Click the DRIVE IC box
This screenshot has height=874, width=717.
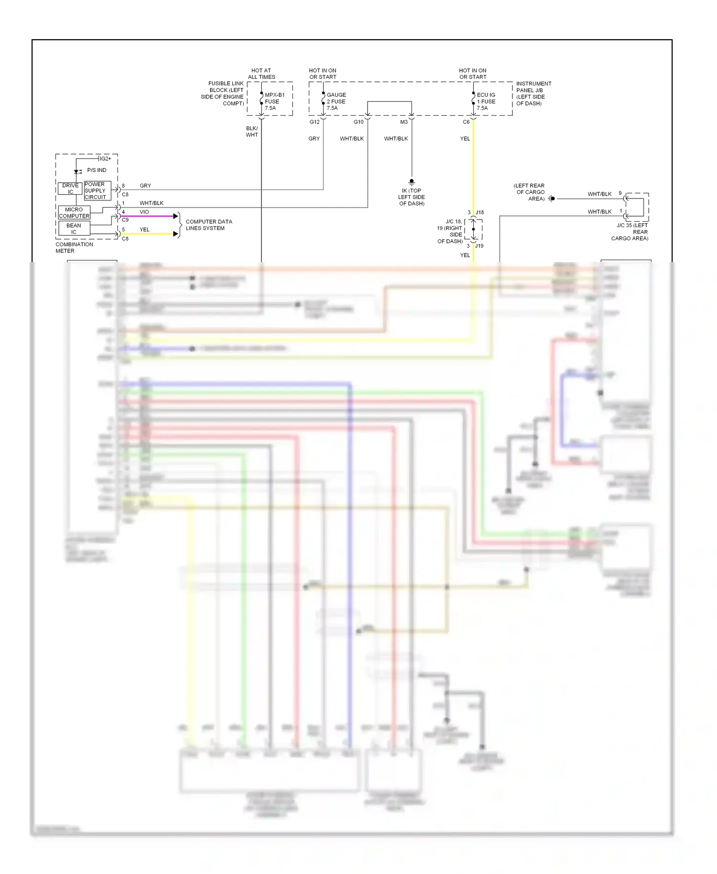[x=70, y=189]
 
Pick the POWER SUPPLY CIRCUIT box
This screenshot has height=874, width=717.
[x=97, y=190]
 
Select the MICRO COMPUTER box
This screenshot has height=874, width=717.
[x=74, y=213]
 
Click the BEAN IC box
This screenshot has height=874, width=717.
[x=74, y=229]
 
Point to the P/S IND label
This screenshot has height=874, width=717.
[x=97, y=170]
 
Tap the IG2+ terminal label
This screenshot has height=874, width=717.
[x=105, y=159]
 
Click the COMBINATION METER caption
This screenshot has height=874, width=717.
[x=74, y=248]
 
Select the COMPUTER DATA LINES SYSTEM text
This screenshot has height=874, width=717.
[x=209, y=225]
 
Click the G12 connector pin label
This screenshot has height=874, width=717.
[x=315, y=122]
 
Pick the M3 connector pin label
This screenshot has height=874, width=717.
[x=404, y=122]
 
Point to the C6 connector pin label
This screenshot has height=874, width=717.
[x=466, y=122]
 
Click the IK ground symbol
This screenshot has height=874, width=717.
[x=412, y=182]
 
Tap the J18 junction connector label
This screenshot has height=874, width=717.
[x=479, y=212]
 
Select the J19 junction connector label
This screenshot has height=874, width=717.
[x=479, y=246]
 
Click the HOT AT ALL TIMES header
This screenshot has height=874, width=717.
[x=261, y=74]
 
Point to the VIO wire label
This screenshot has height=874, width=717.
[x=144, y=212]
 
